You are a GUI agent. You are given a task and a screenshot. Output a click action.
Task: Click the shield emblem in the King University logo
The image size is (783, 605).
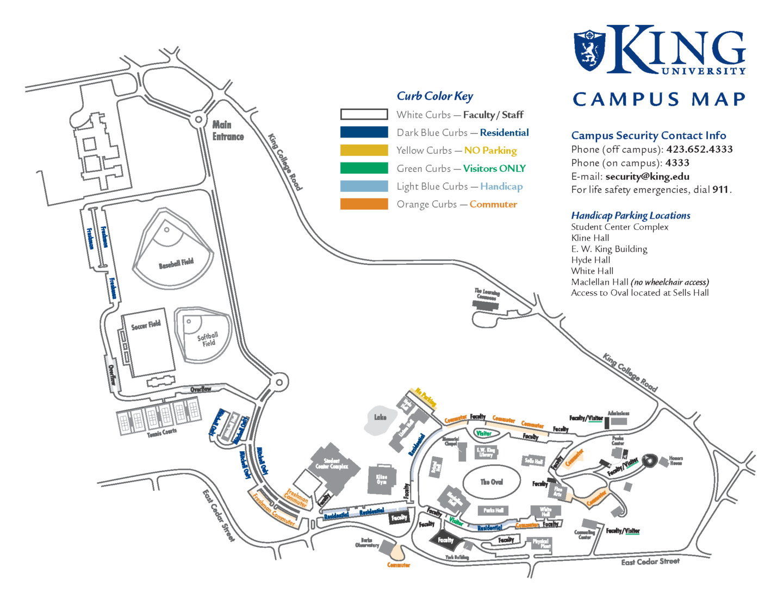(x=589, y=50)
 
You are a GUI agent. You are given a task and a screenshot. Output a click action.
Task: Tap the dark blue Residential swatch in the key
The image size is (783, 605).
(x=364, y=132)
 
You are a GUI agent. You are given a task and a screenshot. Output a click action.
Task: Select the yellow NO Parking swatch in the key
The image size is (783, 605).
(x=364, y=150)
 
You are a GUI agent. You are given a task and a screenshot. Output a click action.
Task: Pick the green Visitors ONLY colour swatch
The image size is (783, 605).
(x=364, y=168)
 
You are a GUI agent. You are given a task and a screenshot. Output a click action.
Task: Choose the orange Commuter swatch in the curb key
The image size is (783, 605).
(x=364, y=204)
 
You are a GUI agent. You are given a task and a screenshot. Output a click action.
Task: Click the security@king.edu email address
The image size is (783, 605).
(x=647, y=176)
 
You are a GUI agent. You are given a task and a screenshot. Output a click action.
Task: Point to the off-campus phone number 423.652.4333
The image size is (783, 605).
(x=699, y=149)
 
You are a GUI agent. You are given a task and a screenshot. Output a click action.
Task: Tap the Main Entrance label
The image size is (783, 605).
(x=228, y=131)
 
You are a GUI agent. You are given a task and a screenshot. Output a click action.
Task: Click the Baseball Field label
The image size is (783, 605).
(x=176, y=264)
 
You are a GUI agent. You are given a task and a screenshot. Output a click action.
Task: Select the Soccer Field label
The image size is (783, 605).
(x=146, y=325)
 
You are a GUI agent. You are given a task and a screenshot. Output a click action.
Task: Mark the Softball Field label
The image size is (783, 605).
(x=208, y=339)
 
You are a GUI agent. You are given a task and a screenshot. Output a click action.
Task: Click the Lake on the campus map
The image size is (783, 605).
(x=380, y=419)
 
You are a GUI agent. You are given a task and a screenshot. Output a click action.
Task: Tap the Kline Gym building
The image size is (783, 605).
(x=382, y=479)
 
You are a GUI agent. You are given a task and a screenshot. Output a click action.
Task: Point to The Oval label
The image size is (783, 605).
(x=492, y=482)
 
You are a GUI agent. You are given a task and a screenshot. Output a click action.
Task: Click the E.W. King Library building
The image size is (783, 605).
(x=486, y=452)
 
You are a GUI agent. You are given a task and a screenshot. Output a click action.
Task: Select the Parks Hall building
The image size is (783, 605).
(x=493, y=510)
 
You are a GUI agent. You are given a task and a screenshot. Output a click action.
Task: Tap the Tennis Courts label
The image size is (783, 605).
(x=161, y=433)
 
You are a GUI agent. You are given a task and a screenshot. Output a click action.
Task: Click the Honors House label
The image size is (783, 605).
(x=676, y=461)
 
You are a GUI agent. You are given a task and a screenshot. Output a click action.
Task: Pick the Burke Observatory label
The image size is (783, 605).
(x=367, y=542)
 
